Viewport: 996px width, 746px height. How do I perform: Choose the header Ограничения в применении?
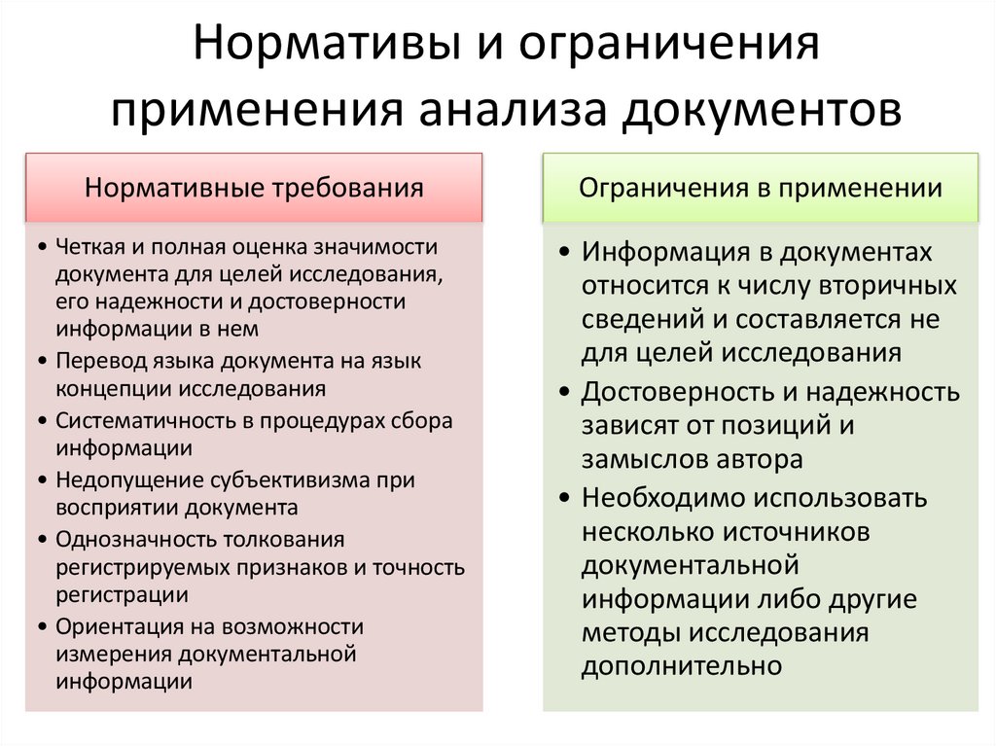click(x=760, y=188)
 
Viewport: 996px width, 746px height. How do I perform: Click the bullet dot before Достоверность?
click(x=567, y=393)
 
